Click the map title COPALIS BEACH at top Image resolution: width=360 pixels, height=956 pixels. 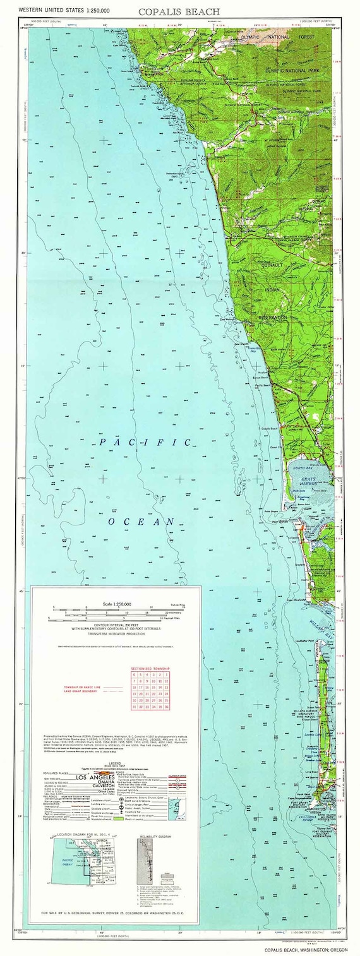point(179,11)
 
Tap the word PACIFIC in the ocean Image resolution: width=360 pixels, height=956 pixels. point(145,443)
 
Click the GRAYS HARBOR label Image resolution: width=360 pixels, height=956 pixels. point(312,481)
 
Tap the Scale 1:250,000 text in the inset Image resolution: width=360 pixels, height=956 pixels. point(117,604)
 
